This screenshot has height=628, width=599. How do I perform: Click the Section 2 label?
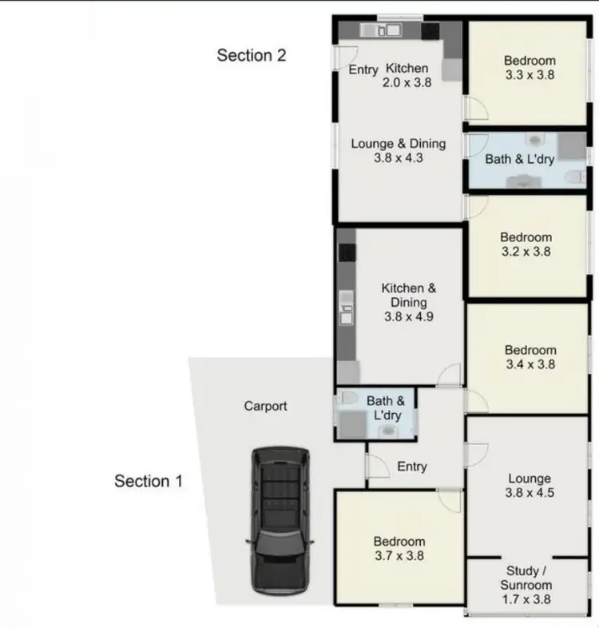pyautogui.click(x=252, y=55)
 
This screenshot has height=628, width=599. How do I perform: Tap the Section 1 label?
pyautogui.click(x=149, y=481)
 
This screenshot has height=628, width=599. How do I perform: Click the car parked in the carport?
pyautogui.click(x=279, y=519)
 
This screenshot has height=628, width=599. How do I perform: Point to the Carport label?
pyautogui.click(x=265, y=406)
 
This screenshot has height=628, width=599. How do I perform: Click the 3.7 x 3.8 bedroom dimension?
pyautogui.click(x=399, y=556)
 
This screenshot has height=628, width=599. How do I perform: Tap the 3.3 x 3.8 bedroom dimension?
pyautogui.click(x=530, y=75)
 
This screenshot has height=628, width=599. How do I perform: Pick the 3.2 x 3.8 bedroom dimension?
pyautogui.click(x=526, y=252)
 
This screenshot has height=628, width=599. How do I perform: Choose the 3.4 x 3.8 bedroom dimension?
pyautogui.click(x=530, y=364)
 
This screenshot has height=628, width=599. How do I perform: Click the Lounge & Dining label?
pyautogui.click(x=398, y=144)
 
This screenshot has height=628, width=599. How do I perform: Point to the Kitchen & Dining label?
pyautogui.click(x=408, y=295)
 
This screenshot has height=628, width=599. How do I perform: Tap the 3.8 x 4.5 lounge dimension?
pyautogui.click(x=530, y=493)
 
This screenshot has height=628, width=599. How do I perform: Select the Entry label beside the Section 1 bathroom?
pyautogui.click(x=412, y=467)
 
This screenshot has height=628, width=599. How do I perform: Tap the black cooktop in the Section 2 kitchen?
pyautogui.click(x=430, y=31)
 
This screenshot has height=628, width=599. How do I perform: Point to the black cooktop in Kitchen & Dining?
pyautogui.click(x=347, y=253)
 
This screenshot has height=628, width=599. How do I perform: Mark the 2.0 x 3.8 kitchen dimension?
pyautogui.click(x=407, y=81)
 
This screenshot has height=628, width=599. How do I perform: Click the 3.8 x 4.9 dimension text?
pyautogui.click(x=408, y=317)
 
